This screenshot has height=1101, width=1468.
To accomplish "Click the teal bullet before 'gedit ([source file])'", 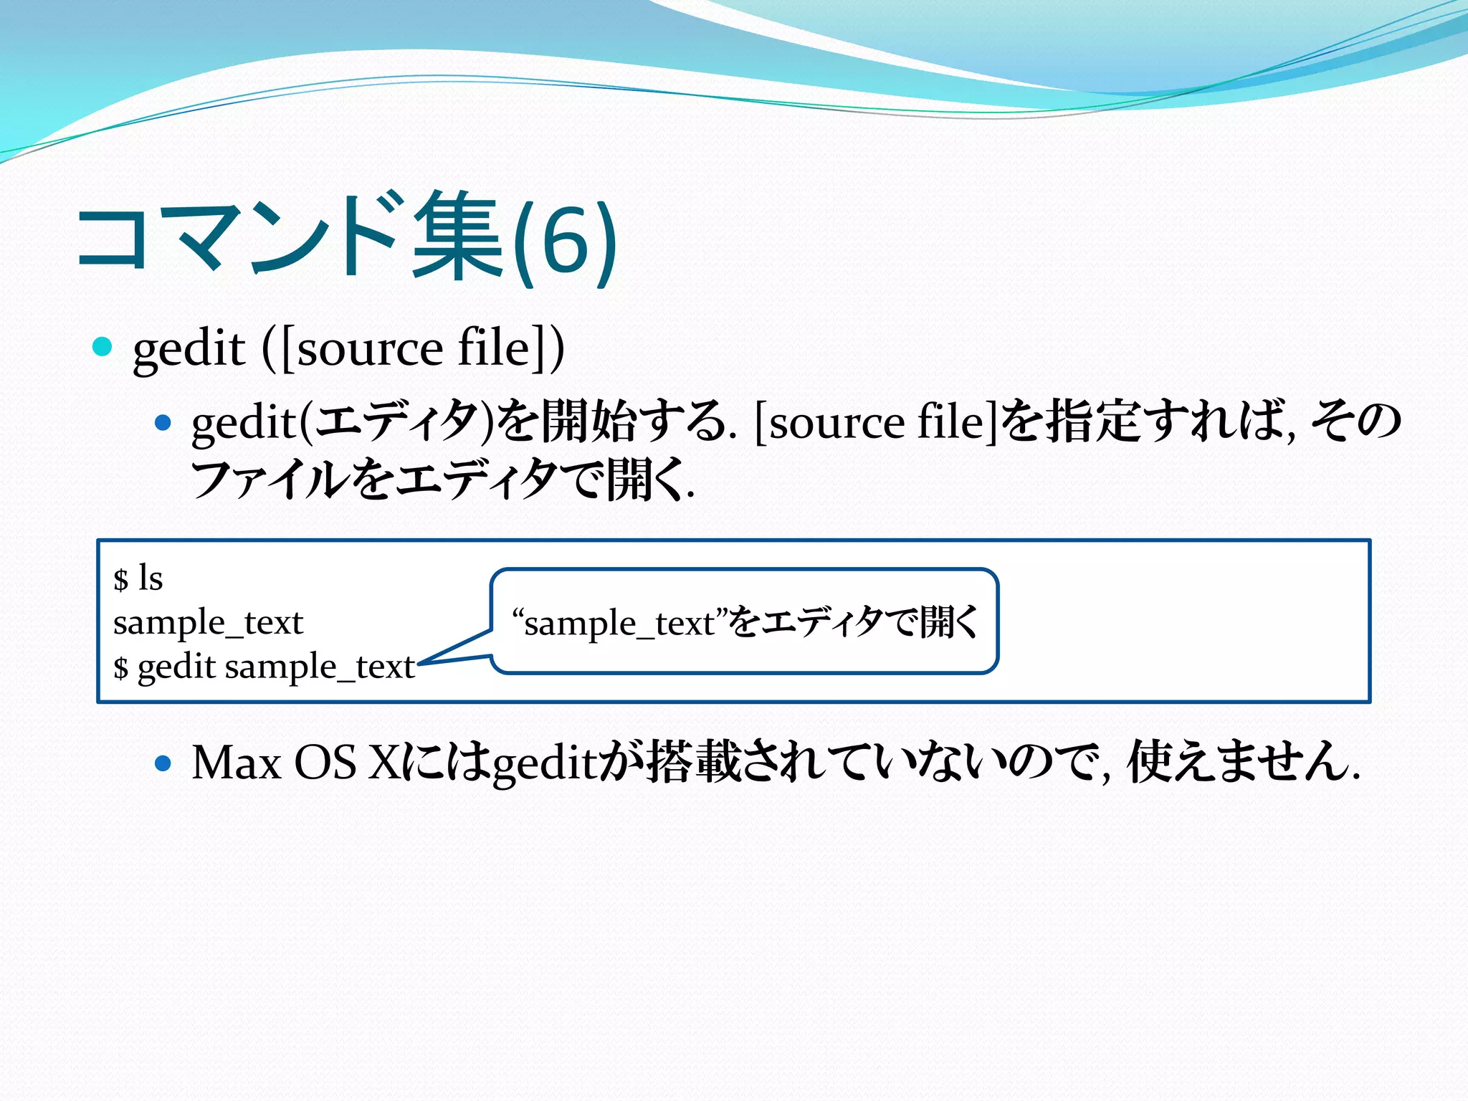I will click(103, 347).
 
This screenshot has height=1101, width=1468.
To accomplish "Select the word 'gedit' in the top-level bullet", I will click(189, 349).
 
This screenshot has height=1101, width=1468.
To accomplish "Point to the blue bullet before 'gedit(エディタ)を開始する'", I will click(163, 423).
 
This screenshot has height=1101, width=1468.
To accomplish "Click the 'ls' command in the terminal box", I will click(151, 578).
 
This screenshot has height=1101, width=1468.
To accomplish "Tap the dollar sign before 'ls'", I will click(120, 579).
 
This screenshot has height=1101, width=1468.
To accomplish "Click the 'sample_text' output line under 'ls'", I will click(208, 622).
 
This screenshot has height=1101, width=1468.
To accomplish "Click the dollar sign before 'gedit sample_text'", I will click(120, 668).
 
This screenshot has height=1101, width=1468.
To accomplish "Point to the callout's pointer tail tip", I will click(419, 663).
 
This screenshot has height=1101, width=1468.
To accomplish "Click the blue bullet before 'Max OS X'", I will click(163, 763).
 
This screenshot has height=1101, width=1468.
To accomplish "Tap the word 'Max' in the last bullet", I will click(236, 762).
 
